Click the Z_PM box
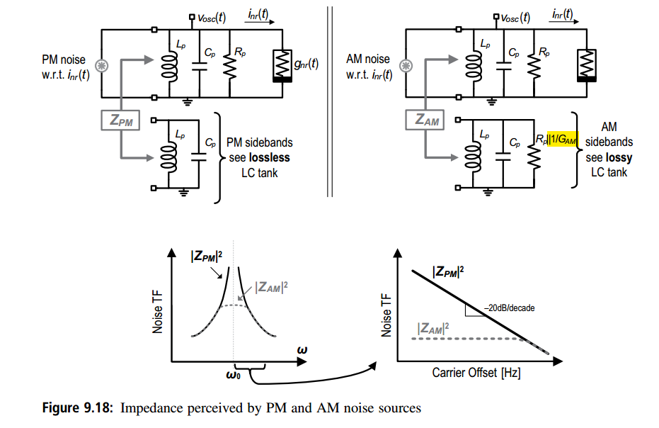[120, 120]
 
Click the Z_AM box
[425, 120]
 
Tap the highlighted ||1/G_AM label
[562, 139]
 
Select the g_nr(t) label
[306, 64]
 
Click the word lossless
[270, 157]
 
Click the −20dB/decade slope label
[510, 308]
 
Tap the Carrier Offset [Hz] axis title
[476, 373]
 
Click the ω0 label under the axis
[234, 374]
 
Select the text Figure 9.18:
[77, 407]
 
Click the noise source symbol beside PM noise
[102, 66]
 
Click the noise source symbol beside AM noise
[406, 66]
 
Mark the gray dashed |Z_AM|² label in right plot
[433, 328]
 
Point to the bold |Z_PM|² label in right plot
[448, 272]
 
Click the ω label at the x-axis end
[302, 349]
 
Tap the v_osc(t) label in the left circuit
[212, 18]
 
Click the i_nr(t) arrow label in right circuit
[562, 14]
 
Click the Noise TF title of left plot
[157, 312]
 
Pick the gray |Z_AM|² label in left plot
[272, 287]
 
